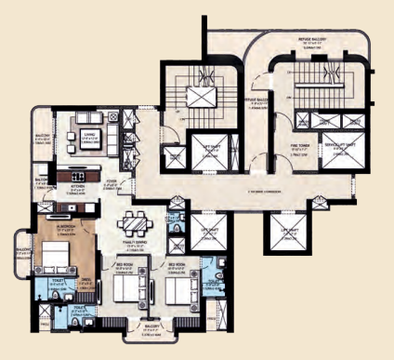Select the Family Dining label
[136, 246]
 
